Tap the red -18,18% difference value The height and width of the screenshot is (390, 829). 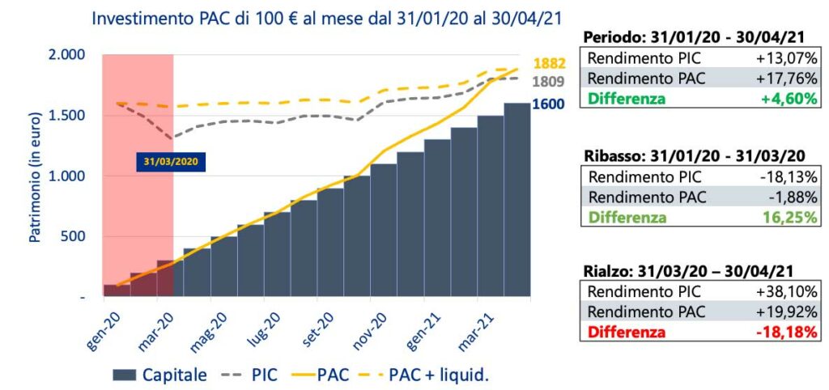[x=786, y=332]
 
